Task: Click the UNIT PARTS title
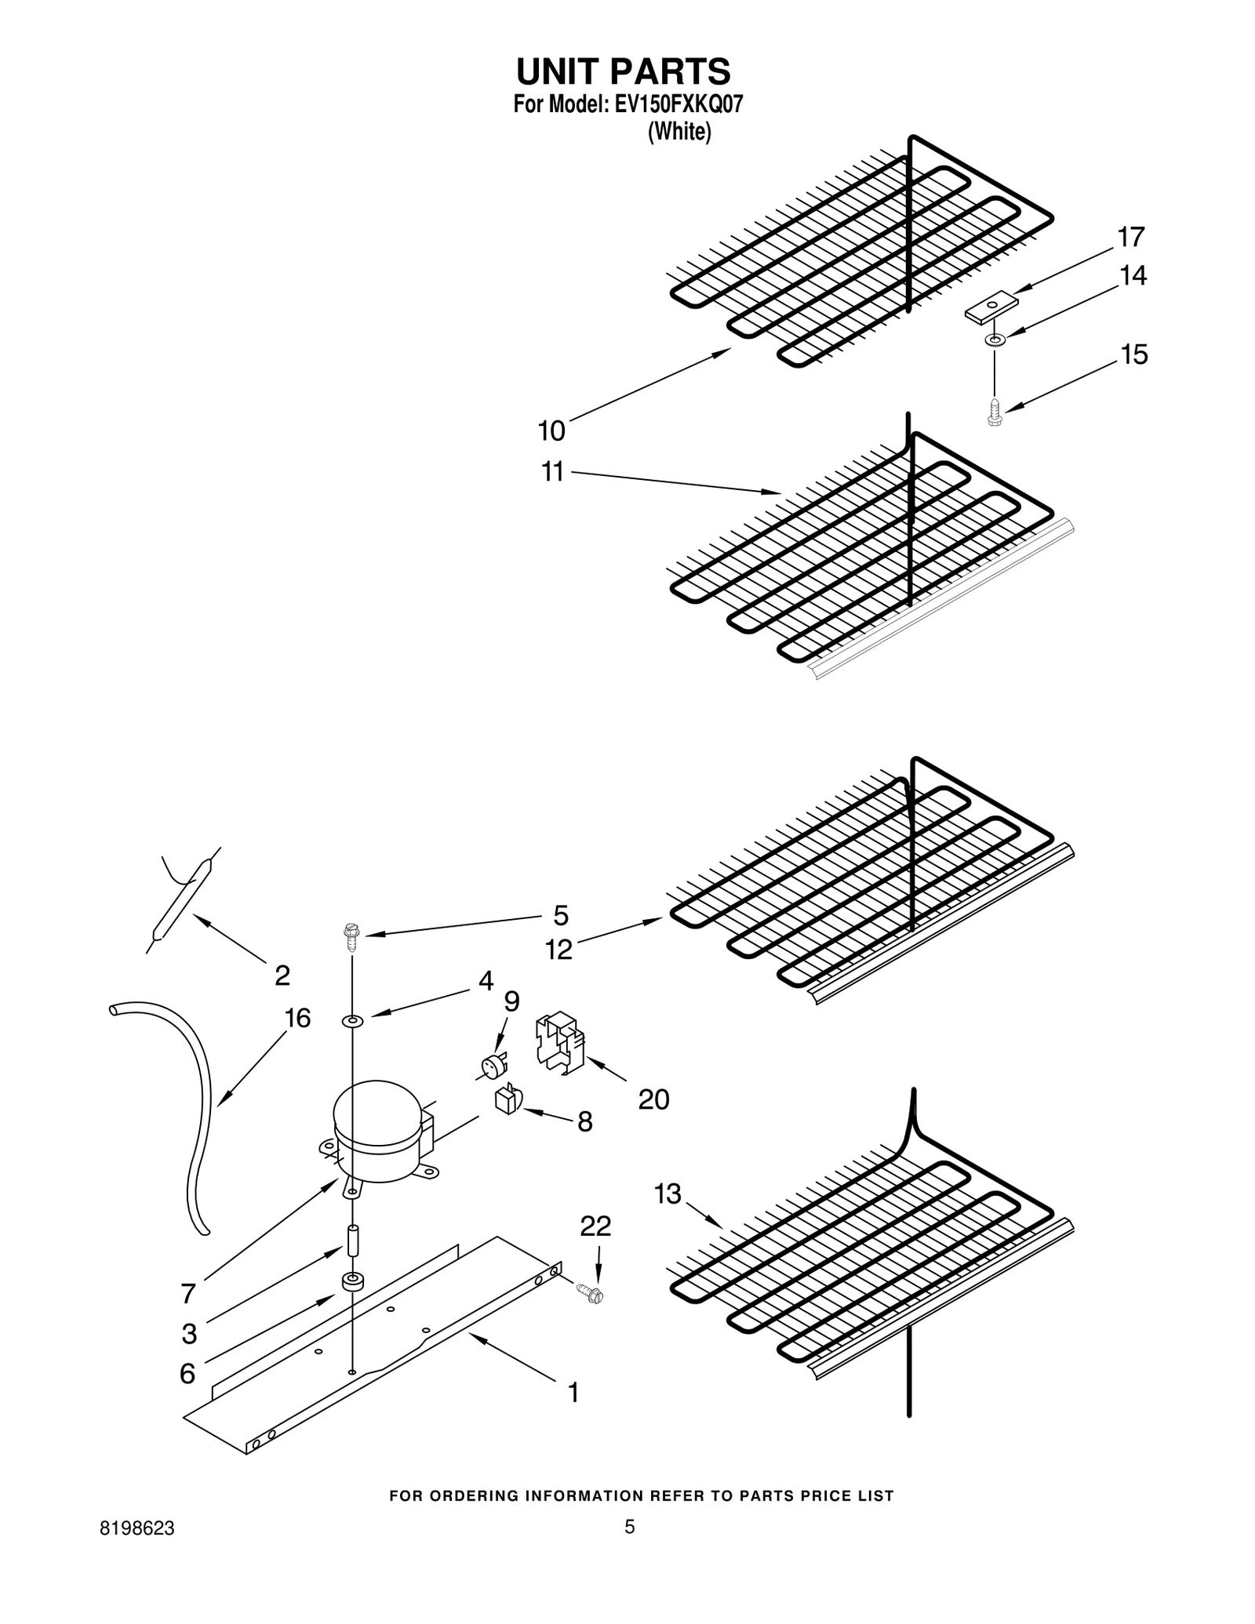(x=623, y=71)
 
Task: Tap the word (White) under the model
(x=679, y=132)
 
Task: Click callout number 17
(x=1131, y=236)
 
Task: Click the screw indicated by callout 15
(x=995, y=412)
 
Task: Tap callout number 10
(x=551, y=431)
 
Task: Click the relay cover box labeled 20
(x=560, y=1043)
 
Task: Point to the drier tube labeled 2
(x=180, y=899)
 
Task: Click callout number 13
(x=668, y=1194)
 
